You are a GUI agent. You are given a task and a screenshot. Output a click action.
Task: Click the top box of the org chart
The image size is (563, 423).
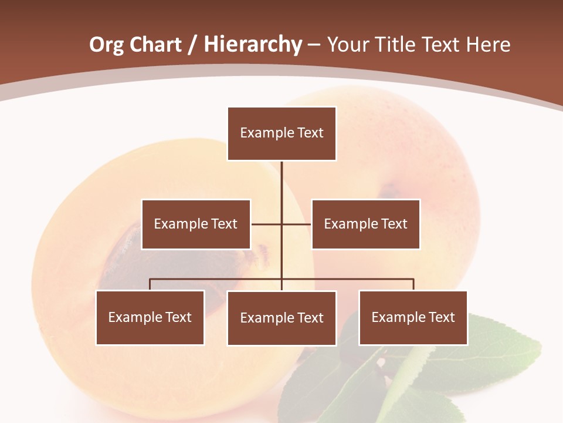(x=281, y=133)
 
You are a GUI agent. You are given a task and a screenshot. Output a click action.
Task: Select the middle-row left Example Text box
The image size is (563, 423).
(x=196, y=224)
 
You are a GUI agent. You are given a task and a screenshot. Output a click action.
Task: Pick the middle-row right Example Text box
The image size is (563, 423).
(x=365, y=224)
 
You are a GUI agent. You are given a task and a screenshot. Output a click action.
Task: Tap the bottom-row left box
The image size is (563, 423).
(x=150, y=317)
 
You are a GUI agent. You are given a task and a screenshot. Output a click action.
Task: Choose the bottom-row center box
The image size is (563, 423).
(x=281, y=318)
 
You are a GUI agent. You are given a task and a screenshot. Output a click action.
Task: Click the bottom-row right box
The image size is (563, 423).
(x=413, y=317)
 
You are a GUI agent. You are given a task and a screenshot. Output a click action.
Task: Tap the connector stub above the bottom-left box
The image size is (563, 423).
(x=150, y=284)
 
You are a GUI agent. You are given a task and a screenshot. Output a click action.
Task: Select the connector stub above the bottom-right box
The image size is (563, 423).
(x=413, y=284)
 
